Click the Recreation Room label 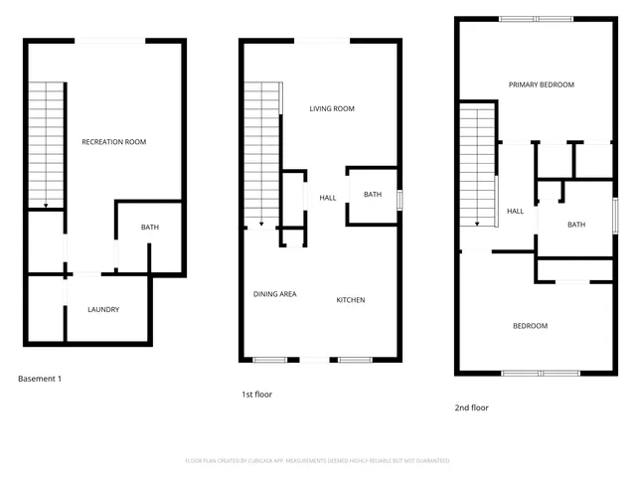(113, 142)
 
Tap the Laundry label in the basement (103, 309)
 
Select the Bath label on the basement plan (149, 228)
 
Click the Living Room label (331, 108)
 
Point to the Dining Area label (275, 294)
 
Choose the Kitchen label (351, 299)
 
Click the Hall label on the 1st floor (327, 198)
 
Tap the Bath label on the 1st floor (372, 195)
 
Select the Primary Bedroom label (542, 84)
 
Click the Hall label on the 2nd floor (515, 211)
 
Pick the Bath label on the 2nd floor (576, 225)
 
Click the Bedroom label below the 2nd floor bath (530, 326)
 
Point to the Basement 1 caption (45, 379)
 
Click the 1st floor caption (256, 394)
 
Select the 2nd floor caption (471, 407)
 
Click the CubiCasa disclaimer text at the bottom (317, 461)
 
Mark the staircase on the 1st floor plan (262, 154)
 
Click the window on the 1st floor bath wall (399, 197)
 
